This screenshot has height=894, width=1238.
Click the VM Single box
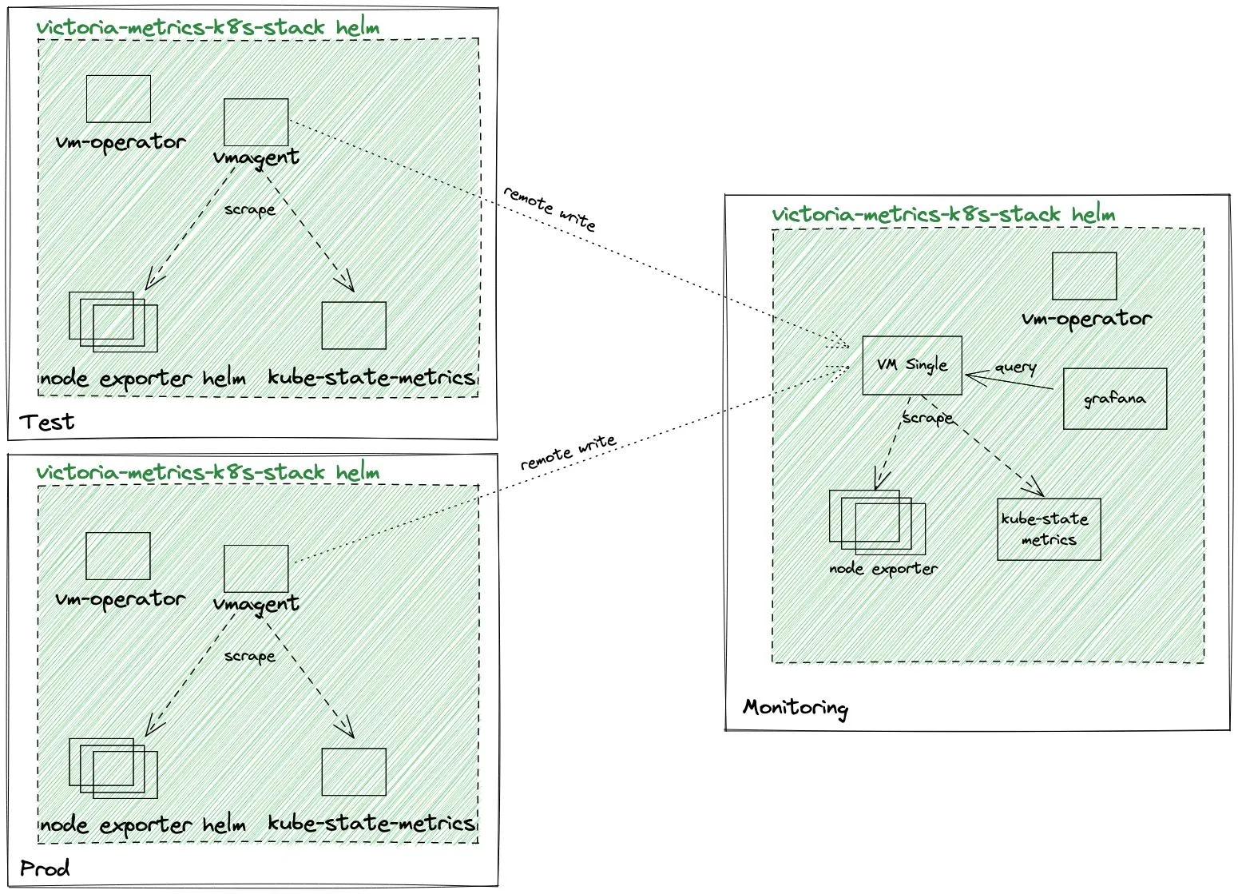pyautogui.click(x=911, y=365)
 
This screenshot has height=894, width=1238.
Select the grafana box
pyautogui.click(x=1114, y=399)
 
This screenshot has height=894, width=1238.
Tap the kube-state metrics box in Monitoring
pyautogui.click(x=1048, y=529)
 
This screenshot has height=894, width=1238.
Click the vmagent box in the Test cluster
pyautogui.click(x=256, y=122)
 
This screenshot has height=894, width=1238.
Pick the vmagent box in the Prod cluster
pyautogui.click(x=256, y=569)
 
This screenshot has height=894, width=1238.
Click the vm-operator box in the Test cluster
pyautogui.click(x=118, y=99)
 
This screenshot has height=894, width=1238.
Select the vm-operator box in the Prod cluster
pyautogui.click(x=118, y=556)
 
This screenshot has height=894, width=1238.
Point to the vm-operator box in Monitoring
pyautogui.click(x=1084, y=276)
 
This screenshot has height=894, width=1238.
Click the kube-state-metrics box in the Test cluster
pyautogui.click(x=353, y=325)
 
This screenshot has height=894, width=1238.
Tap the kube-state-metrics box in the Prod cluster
pyautogui.click(x=353, y=772)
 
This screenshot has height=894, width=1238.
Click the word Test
pyautogui.click(x=46, y=422)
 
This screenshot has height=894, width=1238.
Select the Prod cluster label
pyautogui.click(x=45, y=868)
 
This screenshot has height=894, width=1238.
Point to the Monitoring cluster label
pyautogui.click(x=795, y=708)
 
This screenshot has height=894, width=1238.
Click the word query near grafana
pyautogui.click(x=1015, y=368)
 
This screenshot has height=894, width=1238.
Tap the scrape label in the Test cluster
pyautogui.click(x=249, y=210)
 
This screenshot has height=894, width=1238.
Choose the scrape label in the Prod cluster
pyautogui.click(x=249, y=657)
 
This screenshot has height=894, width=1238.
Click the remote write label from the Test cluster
pyautogui.click(x=550, y=209)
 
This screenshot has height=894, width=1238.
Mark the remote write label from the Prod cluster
pyautogui.click(x=568, y=452)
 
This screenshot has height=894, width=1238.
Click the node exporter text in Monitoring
pyautogui.click(x=883, y=569)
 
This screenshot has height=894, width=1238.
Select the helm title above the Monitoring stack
pyautogui.click(x=942, y=214)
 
